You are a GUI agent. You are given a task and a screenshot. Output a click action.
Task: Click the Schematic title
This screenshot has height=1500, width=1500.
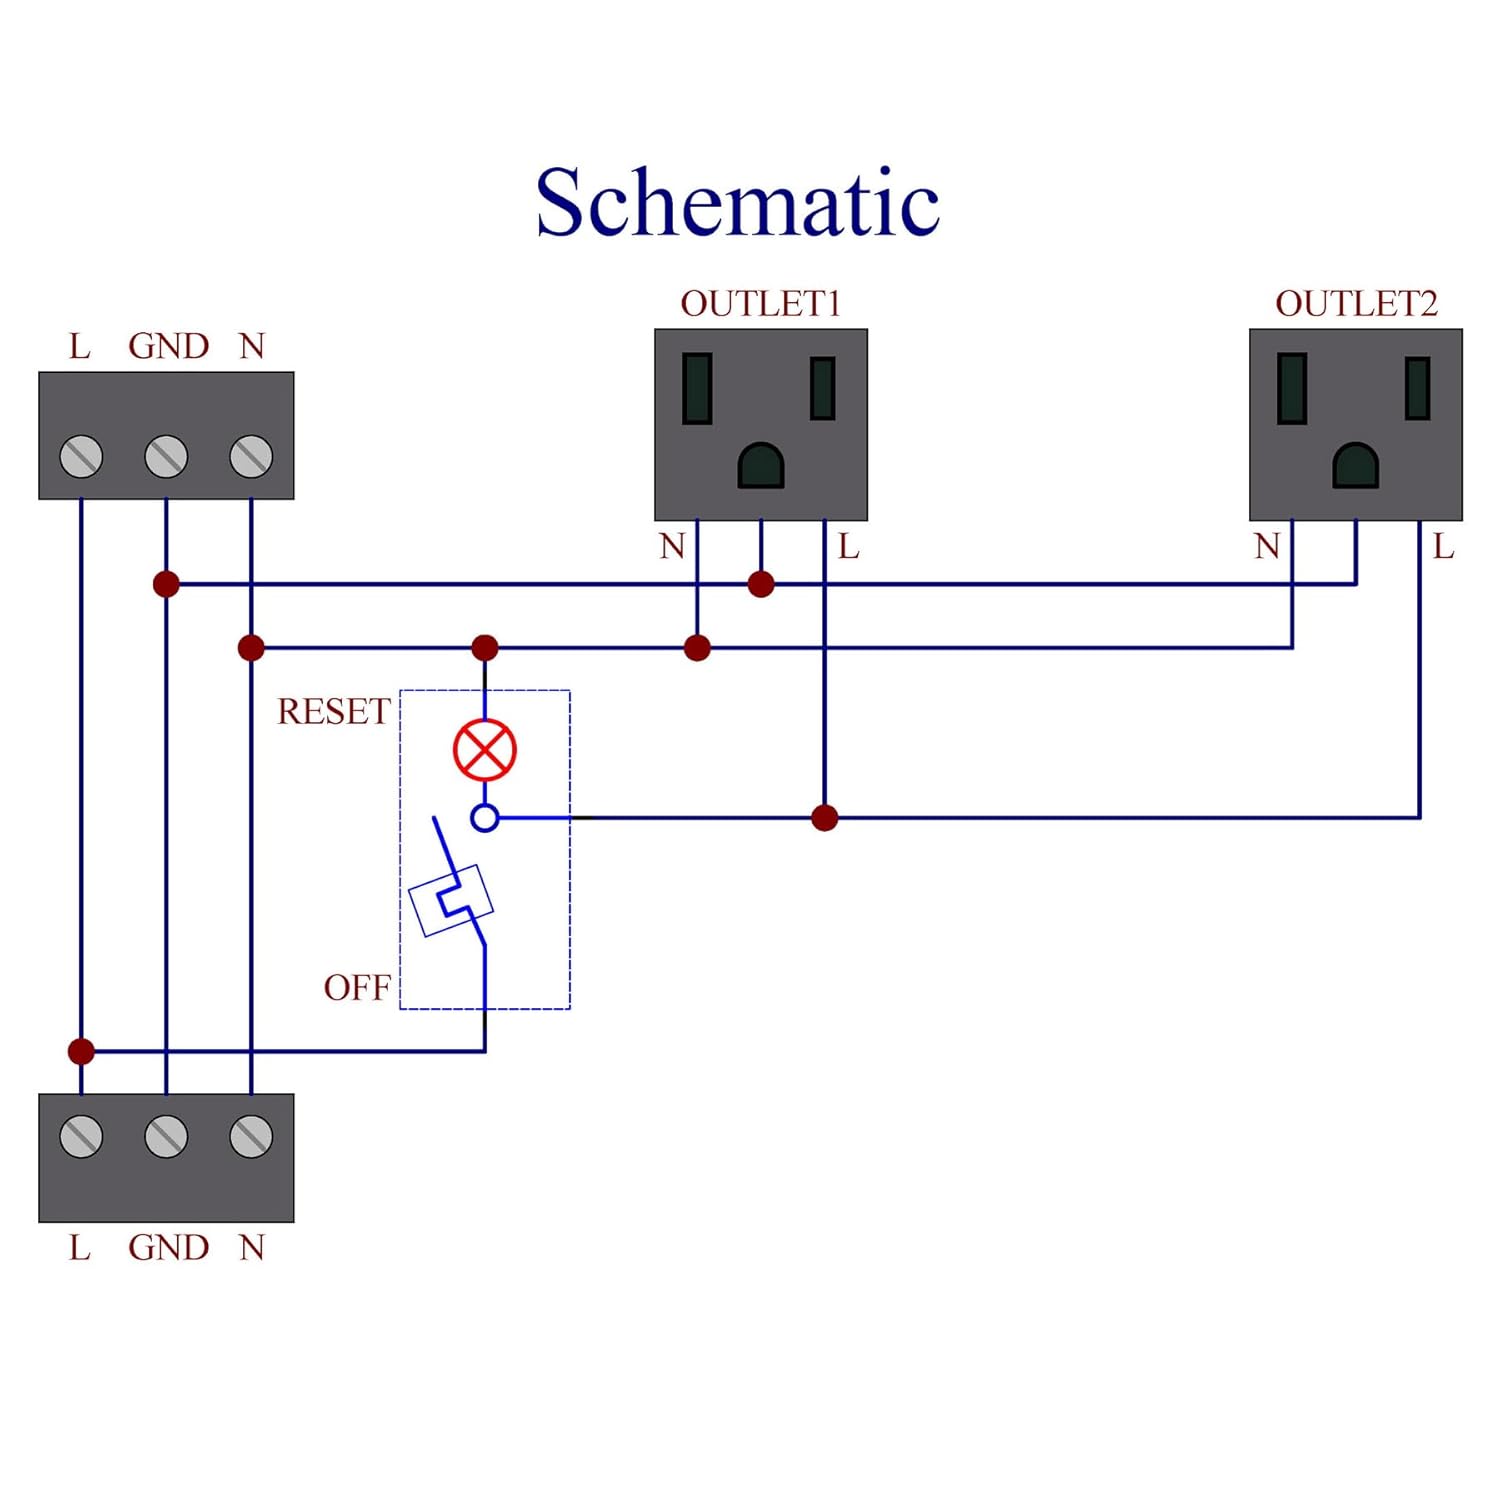[737, 203]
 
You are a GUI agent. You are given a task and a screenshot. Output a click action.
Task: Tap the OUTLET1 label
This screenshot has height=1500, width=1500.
[760, 303]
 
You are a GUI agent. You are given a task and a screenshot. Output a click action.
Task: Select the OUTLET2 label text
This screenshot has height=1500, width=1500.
[1355, 303]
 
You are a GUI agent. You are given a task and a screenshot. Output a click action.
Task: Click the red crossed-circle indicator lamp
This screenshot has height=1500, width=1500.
[485, 750]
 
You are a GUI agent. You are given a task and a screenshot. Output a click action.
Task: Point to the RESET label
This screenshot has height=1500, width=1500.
[333, 711]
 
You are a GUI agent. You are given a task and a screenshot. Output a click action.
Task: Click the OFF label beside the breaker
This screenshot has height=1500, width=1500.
[357, 987]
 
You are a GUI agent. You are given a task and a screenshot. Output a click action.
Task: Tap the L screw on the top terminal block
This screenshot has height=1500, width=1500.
[81, 457]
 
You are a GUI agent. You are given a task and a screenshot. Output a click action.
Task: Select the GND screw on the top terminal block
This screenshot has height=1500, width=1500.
[166, 457]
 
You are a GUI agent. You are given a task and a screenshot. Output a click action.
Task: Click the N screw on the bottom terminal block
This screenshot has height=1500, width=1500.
[251, 1137]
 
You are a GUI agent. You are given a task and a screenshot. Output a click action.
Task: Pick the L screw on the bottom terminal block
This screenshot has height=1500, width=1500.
[81, 1137]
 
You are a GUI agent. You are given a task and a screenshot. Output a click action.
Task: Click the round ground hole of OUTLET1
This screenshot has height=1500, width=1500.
[760, 466]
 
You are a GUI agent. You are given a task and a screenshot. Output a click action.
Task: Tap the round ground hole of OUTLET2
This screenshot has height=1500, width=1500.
[1355, 466]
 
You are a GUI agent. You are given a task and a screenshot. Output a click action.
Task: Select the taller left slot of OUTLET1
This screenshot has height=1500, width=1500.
[697, 388]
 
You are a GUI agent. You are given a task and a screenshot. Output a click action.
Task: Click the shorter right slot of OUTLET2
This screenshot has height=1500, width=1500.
[1417, 388]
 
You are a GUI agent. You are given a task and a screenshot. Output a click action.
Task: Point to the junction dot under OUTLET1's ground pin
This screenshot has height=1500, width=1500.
[761, 584]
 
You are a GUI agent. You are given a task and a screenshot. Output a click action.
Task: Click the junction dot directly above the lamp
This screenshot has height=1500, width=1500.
[485, 648]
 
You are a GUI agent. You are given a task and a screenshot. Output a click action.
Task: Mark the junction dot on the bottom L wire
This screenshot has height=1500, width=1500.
[81, 1051]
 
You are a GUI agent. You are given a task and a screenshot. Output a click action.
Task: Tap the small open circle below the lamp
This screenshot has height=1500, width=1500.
[485, 818]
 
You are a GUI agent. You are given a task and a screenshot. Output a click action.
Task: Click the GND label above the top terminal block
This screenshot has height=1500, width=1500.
[168, 346]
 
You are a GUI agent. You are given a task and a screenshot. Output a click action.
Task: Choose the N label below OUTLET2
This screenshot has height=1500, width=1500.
[1267, 546]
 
